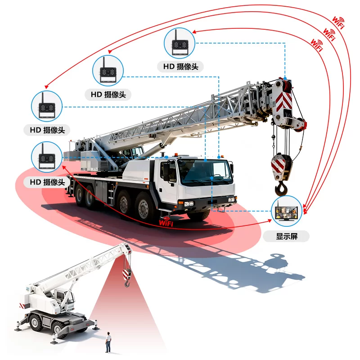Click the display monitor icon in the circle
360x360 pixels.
pyautogui.click(x=286, y=211)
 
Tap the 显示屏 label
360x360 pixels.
pyautogui.click(x=287, y=236)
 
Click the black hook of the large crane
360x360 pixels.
pyautogui.click(x=281, y=188)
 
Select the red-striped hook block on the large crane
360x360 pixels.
pyautogui.click(x=281, y=166)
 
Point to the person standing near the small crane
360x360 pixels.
pyautogui.click(x=108, y=342)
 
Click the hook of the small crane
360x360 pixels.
pyautogui.click(x=127, y=284)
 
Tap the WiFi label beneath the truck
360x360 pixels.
pyautogui.click(x=166, y=222)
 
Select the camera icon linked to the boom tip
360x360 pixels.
pyautogui.click(x=180, y=43)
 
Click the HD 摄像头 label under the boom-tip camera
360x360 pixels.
pyautogui.click(x=180, y=67)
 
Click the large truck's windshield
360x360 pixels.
pyautogui.click(x=204, y=171)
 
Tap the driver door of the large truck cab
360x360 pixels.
pyautogui.click(x=168, y=184)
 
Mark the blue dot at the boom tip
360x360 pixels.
pyautogui.click(x=285, y=78)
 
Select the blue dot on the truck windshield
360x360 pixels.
pyautogui.click(x=211, y=178)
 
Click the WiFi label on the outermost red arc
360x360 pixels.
pyautogui.click(x=338, y=22)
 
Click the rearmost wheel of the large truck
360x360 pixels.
pyautogui.click(x=79, y=196)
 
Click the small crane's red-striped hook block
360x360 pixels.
pyautogui.click(x=127, y=274)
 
